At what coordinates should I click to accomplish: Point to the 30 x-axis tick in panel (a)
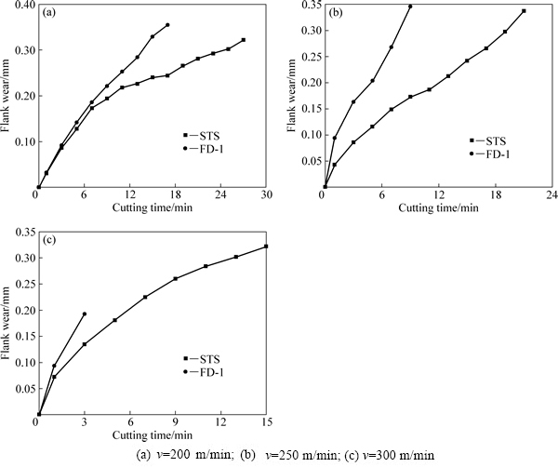point(266,195)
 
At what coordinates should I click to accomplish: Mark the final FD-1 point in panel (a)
point(167,25)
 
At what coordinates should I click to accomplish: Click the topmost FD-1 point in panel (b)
point(410,7)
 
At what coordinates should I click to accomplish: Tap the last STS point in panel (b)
point(524,11)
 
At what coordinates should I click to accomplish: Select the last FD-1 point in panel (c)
point(85,314)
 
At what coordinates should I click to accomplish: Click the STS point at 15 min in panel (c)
point(266,247)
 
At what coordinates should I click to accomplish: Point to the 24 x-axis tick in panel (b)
point(551,195)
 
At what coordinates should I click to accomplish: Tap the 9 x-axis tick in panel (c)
point(175,423)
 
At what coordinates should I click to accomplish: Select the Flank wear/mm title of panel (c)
point(7,321)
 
